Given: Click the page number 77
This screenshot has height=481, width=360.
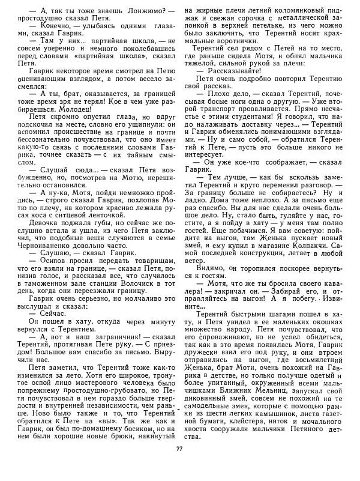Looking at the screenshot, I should point(179,466).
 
